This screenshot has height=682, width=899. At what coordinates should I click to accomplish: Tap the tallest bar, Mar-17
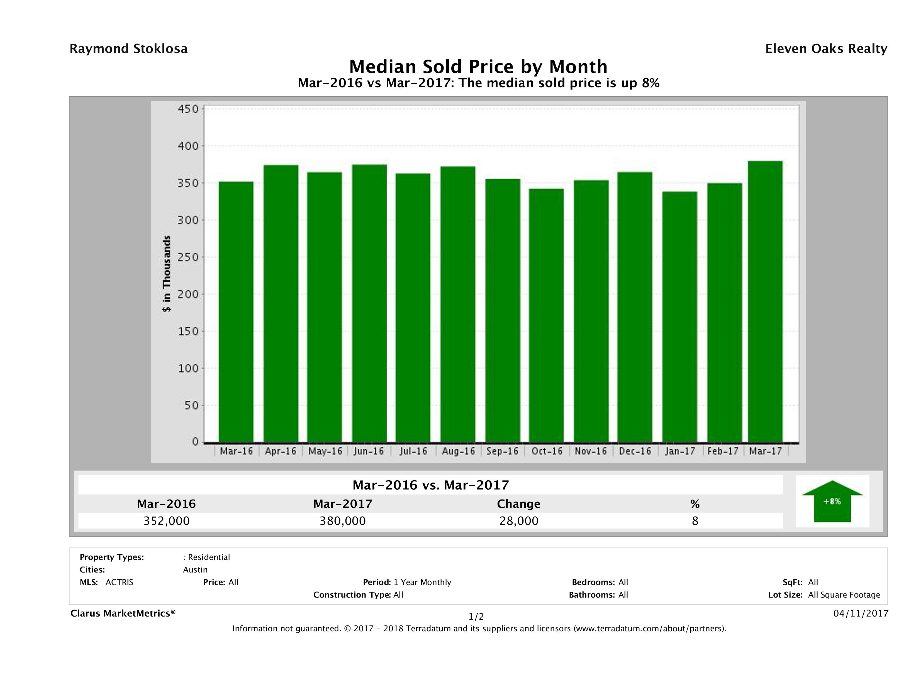(x=765, y=301)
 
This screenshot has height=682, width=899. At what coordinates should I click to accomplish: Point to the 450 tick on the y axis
(x=188, y=109)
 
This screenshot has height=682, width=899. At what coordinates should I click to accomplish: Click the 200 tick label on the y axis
(x=188, y=294)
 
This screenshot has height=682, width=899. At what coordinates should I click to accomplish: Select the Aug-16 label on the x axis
(x=458, y=451)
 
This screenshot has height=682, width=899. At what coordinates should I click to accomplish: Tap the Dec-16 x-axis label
(x=635, y=451)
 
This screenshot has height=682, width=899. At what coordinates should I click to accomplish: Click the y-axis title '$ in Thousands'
(x=167, y=274)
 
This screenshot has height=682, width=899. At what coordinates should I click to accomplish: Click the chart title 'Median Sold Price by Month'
(x=478, y=66)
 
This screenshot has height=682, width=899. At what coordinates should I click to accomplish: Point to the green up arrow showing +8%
(x=832, y=501)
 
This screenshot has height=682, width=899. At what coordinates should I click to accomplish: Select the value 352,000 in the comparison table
(x=167, y=521)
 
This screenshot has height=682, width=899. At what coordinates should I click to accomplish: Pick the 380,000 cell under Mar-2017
(x=343, y=521)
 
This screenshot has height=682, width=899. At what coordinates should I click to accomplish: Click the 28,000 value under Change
(x=519, y=521)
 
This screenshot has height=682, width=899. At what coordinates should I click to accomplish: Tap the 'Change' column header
(x=519, y=504)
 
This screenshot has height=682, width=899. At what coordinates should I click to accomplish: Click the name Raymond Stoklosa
(x=128, y=49)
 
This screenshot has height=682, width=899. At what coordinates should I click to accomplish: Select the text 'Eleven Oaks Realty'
(x=826, y=49)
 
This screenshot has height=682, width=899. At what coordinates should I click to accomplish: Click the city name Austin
(x=195, y=570)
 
